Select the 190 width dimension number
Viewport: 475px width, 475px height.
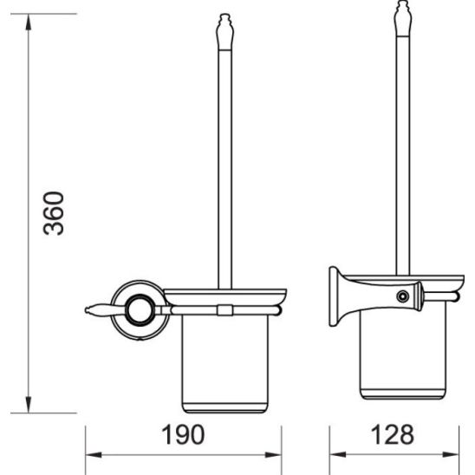click(185, 433)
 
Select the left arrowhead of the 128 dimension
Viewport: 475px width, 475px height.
click(335, 454)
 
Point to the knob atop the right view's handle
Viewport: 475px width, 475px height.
click(402, 22)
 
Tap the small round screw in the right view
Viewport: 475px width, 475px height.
click(401, 296)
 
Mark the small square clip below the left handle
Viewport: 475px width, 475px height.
click(224, 310)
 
